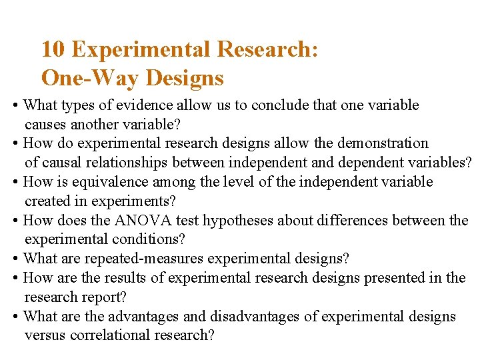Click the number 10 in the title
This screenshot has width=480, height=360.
pos(53,49)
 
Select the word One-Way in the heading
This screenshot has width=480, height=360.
pos(90,78)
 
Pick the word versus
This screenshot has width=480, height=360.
pos(43,335)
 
